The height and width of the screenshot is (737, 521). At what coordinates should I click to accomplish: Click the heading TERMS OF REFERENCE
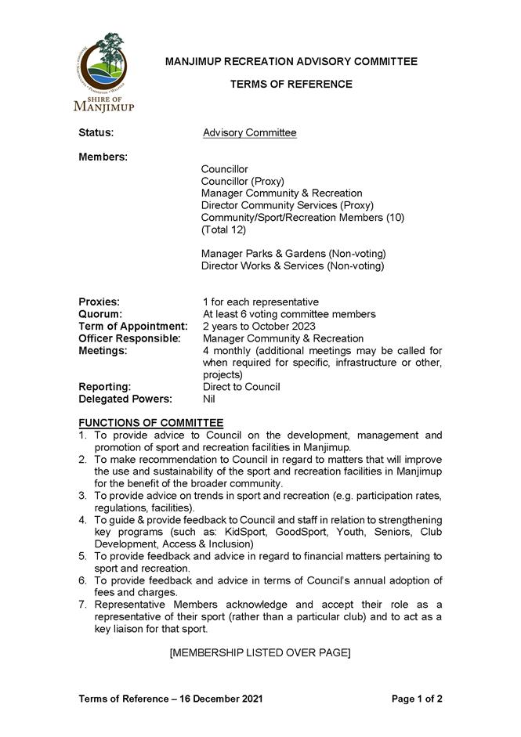point(291,84)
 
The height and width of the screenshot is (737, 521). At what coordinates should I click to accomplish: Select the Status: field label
point(96,133)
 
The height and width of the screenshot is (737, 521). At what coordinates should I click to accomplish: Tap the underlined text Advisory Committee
point(249,133)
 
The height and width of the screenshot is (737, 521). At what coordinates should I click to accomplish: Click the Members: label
point(103,157)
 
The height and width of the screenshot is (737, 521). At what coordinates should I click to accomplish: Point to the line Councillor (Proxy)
point(242,181)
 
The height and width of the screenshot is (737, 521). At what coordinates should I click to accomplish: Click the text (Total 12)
point(223,229)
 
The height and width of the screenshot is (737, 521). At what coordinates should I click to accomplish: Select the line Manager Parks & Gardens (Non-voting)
point(293,254)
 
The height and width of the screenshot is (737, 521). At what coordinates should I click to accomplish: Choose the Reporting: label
point(104,387)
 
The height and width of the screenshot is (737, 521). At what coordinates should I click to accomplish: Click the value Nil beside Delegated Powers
point(210,399)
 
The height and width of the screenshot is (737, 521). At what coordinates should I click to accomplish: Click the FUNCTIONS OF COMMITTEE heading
point(150,423)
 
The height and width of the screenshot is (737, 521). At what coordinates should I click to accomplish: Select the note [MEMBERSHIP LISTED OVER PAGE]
point(260,652)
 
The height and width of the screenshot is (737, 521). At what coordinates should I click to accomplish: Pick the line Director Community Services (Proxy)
point(287,205)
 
